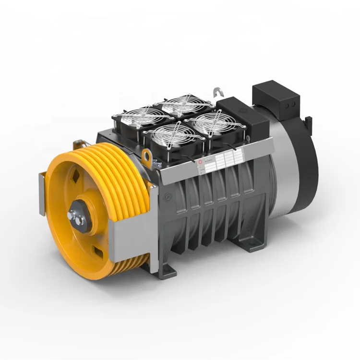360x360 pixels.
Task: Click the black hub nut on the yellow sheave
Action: click(x=77, y=214)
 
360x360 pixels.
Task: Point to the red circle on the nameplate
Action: click(x=201, y=163)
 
